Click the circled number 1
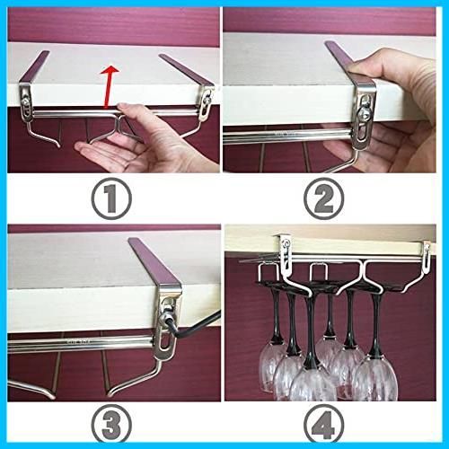click(x=111, y=198)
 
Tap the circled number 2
click(x=323, y=198)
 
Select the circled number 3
click(x=111, y=425)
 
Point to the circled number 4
click(x=323, y=425)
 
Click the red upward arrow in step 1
click(x=110, y=86)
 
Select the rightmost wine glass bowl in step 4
click(x=374, y=380)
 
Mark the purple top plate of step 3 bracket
click(x=154, y=261)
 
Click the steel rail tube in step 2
click(x=287, y=136)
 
